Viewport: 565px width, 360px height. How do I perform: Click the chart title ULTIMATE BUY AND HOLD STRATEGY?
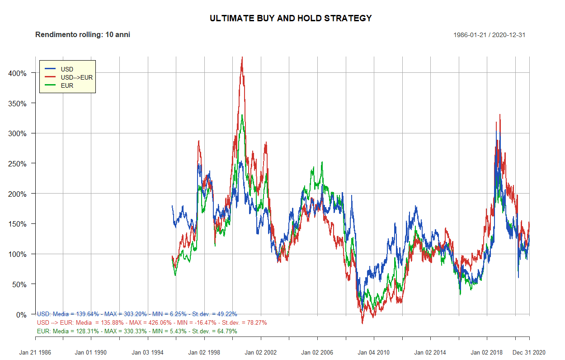pos(291,19)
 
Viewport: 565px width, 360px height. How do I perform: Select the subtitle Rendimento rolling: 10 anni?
pos(83,35)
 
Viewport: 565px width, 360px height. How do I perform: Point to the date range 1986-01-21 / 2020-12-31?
pos(489,35)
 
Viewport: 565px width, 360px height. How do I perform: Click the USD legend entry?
pos(67,69)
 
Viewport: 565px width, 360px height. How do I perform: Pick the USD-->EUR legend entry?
pos(76,77)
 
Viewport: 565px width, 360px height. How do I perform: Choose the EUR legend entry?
pos(67,85)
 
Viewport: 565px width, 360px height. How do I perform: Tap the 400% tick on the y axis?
pos(18,73)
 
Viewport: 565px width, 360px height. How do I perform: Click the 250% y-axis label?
pos(18,164)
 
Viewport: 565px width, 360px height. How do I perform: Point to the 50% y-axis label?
pos(19,284)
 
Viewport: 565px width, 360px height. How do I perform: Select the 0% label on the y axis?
pos(21,315)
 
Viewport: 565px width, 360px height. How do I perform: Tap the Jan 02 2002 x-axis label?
pos(261,352)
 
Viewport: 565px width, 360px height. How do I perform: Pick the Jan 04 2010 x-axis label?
pos(374,352)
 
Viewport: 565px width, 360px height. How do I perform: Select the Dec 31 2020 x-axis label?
pos(529,352)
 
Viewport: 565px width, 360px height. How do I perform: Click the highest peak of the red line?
pos(242,57)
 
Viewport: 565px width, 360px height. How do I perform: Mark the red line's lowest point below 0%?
pos(362,323)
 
